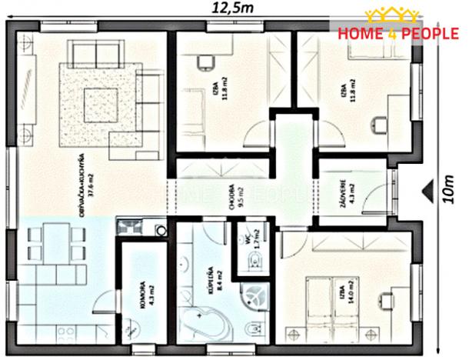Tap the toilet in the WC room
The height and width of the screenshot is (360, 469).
(x=253, y=265)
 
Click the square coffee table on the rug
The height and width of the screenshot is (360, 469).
(x=101, y=101)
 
